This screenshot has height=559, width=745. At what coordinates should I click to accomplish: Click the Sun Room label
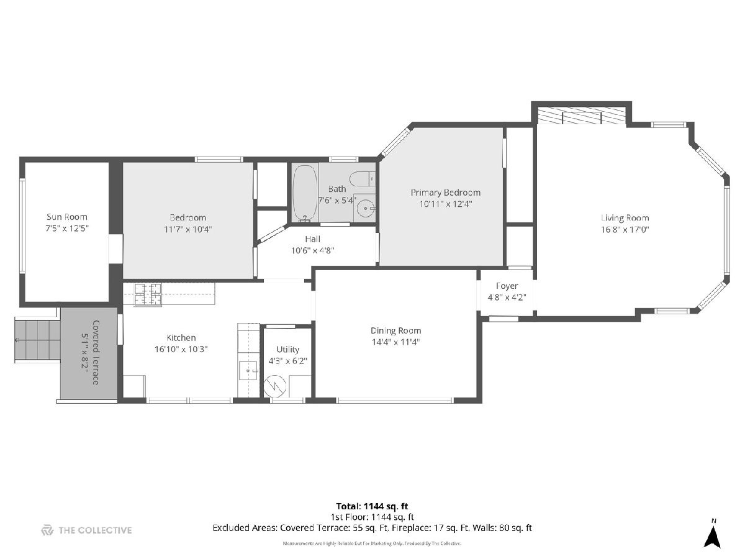click(67, 217)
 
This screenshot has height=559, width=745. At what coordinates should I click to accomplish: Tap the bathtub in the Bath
click(305, 193)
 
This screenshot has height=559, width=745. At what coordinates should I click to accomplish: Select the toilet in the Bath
click(362, 179)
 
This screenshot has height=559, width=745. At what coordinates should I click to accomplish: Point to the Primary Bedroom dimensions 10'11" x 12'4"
click(446, 204)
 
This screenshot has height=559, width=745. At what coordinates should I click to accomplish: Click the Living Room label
click(625, 218)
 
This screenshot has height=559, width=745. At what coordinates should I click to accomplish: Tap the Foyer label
click(507, 286)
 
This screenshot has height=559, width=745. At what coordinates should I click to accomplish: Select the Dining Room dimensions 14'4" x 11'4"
click(395, 342)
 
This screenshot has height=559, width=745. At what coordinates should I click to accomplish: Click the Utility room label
click(288, 349)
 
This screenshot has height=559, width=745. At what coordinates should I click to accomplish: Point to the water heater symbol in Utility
click(275, 386)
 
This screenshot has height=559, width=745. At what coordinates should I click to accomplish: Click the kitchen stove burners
click(148, 294)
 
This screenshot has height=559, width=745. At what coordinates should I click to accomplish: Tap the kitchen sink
click(248, 370)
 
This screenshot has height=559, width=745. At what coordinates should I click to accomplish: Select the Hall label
click(313, 239)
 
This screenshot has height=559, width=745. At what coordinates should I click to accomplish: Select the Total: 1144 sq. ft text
click(372, 506)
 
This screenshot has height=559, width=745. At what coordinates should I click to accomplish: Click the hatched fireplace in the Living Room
click(582, 116)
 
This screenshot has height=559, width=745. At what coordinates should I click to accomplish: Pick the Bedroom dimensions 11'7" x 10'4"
click(187, 229)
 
